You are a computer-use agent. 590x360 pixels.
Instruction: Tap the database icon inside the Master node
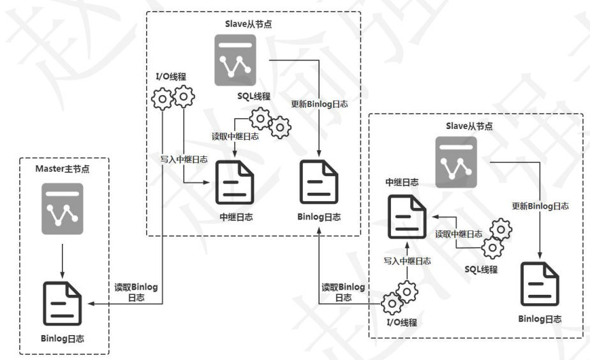click(x=63, y=208)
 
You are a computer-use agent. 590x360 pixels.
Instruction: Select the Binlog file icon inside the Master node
click(x=63, y=302)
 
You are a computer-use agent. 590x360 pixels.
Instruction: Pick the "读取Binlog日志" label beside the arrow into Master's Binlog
click(x=136, y=292)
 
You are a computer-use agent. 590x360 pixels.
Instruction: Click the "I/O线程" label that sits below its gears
click(x=401, y=322)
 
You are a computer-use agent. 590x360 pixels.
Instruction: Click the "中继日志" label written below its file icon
click(x=235, y=217)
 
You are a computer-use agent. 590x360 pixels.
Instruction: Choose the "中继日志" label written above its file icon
click(x=402, y=183)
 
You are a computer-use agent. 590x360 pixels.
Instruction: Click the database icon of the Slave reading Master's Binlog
click(x=235, y=59)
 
